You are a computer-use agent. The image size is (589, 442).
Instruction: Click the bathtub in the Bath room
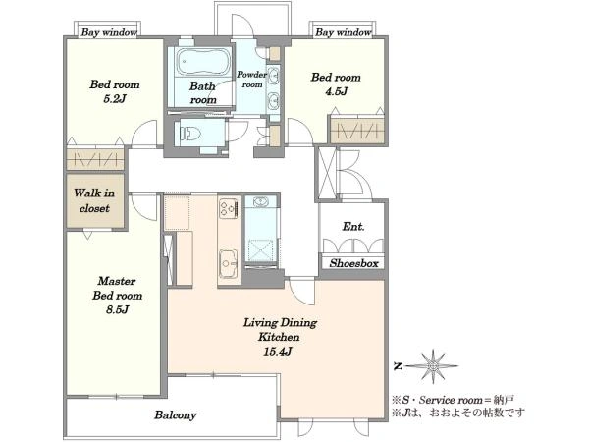tap(203, 62)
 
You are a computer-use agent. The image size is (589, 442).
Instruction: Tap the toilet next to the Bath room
tap(190, 134)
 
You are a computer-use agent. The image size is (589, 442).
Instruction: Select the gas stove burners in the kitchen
tap(229, 208)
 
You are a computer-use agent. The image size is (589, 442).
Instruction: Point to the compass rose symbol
tap(433, 366)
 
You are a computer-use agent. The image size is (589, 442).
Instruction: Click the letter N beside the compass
tap(398, 366)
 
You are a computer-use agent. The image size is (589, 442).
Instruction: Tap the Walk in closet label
tap(94, 200)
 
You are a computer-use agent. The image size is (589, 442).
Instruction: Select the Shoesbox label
tap(353, 263)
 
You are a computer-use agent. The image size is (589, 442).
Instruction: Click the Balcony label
tap(176, 415)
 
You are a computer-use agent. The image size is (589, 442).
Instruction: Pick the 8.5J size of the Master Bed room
tap(117, 310)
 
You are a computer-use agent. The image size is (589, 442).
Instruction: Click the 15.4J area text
tap(278, 352)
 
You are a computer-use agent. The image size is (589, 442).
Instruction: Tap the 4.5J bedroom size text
tap(336, 91)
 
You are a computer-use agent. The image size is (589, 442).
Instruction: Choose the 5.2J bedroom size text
tap(115, 99)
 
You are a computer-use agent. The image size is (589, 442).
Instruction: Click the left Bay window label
tap(109, 32)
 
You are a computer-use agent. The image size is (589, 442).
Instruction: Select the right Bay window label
tap(344, 32)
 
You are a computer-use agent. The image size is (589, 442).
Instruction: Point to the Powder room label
tap(251, 80)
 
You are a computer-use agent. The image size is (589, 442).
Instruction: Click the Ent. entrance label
tap(353, 227)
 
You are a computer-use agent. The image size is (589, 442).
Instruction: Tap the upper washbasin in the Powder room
tap(275, 76)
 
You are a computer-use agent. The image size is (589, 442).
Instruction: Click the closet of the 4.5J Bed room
tap(357, 131)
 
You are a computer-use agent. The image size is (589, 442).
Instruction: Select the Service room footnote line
tap(453, 400)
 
